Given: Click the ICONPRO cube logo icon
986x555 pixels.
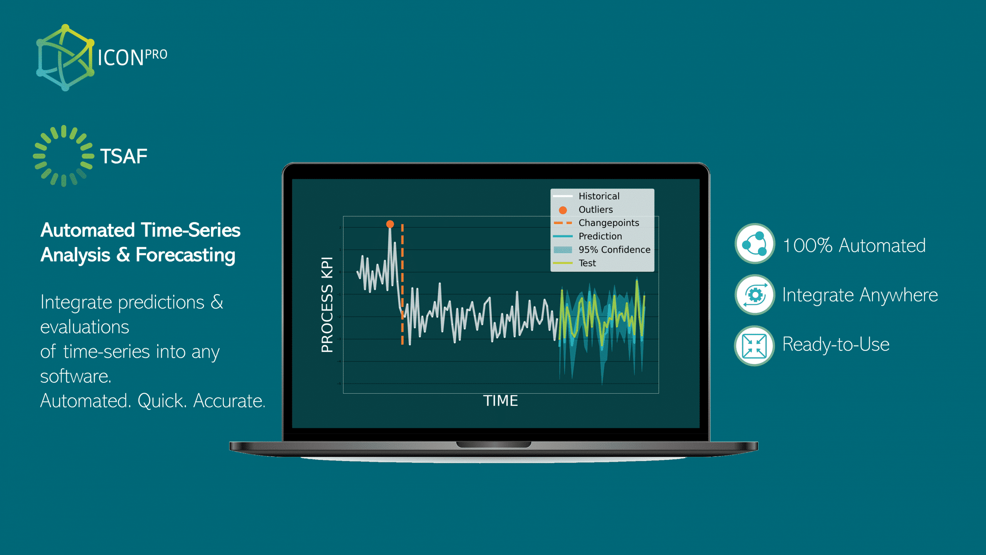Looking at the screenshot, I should coord(65,58).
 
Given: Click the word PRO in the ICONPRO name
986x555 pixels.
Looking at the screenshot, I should coord(156,55).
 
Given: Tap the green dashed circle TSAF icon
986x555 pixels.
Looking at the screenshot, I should coord(64,156).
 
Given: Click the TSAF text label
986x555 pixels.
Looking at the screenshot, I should coord(124,156).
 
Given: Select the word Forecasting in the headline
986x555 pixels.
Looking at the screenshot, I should coord(185,255).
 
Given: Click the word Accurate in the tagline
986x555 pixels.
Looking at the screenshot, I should coord(229,401).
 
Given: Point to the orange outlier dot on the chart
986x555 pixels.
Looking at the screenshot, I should coord(390,224).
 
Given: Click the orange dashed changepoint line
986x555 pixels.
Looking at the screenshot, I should coord(402,285).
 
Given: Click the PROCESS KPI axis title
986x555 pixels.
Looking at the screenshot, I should coord(327,304).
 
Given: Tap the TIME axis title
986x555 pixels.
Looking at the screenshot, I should coord(500,401).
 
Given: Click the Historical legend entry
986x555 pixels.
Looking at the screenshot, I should coord(599,196).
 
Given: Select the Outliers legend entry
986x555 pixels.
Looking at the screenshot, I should coord(595,210).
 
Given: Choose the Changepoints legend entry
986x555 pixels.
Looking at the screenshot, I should coord(608,223).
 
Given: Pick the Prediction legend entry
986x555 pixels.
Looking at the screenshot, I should coord(600,236).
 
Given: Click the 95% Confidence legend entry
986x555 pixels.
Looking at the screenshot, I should coord(614,250).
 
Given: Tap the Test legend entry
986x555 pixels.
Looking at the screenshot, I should coord(587,263).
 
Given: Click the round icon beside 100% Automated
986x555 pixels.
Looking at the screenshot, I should coord(755,244).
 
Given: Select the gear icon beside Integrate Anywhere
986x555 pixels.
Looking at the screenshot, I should coord(755,295).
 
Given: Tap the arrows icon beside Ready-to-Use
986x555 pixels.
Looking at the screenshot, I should coord(755,345).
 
